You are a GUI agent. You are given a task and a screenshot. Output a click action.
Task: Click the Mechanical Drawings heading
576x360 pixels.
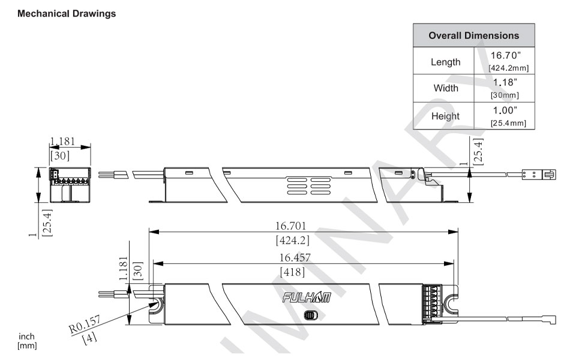(x=67, y=14)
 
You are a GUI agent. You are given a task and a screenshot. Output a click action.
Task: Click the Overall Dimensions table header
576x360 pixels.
(x=473, y=35)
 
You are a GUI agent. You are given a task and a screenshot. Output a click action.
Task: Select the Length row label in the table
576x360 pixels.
(x=445, y=62)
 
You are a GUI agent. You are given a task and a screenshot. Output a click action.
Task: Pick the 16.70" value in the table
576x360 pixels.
(x=506, y=55)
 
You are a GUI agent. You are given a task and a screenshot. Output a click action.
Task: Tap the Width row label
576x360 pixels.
(x=446, y=88)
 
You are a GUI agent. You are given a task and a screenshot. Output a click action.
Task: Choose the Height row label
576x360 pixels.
(x=445, y=116)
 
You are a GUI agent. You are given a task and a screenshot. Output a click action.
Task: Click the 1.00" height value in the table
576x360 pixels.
(x=505, y=110)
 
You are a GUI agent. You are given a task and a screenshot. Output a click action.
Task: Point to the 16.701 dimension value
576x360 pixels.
(x=290, y=226)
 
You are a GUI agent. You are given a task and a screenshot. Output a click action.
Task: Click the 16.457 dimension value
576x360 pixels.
(x=295, y=257)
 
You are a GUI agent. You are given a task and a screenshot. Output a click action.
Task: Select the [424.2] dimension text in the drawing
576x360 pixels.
(x=292, y=240)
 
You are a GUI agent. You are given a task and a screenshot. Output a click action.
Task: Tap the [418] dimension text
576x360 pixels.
(x=292, y=272)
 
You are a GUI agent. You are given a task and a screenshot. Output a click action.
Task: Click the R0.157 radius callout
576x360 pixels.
(x=85, y=324)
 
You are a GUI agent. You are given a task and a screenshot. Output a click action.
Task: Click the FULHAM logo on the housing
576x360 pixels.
(x=307, y=297)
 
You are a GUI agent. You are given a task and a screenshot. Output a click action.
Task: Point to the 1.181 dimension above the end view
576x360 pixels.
(x=62, y=141)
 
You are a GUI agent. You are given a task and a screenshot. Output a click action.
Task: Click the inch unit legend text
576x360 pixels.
(x=26, y=336)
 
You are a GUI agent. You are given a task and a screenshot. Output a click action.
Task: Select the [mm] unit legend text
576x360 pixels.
(x=27, y=346)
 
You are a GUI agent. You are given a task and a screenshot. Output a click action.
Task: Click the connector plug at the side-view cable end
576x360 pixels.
(x=539, y=175)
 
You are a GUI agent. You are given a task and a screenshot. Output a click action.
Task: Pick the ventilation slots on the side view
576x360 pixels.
(x=309, y=186)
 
